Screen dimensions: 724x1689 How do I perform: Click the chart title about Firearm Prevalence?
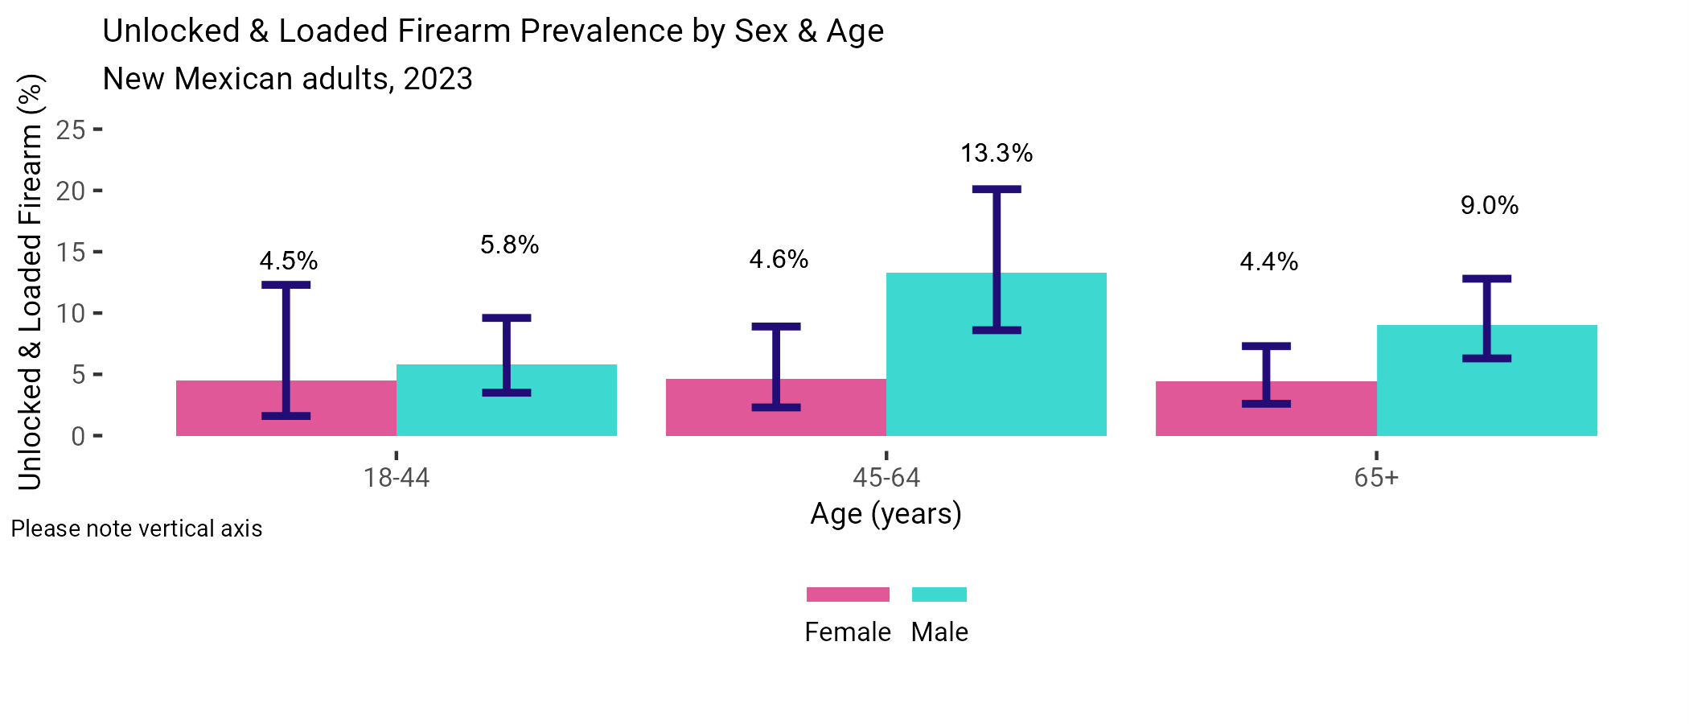pyautogui.click(x=492, y=31)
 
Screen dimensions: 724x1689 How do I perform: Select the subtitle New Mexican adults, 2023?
pyautogui.click(x=287, y=79)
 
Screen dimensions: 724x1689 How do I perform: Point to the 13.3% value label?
pyautogui.click(x=996, y=153)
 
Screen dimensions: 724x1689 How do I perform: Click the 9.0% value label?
pyautogui.click(x=1489, y=205)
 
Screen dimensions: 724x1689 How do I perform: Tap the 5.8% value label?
pyautogui.click(x=509, y=245)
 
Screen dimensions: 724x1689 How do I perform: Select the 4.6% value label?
pyautogui.click(x=778, y=259)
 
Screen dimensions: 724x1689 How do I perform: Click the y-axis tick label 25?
pyautogui.click(x=71, y=130)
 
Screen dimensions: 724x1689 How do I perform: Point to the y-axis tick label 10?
pyautogui.click(x=71, y=313)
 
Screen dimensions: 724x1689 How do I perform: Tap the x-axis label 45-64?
pyautogui.click(x=886, y=478)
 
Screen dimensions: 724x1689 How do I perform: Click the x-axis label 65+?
pyautogui.click(x=1375, y=478)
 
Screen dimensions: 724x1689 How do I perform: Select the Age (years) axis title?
pyautogui.click(x=886, y=513)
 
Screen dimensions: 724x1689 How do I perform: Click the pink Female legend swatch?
pyautogui.click(x=848, y=594)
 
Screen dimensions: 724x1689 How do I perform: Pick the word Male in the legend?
pyautogui.click(x=939, y=632)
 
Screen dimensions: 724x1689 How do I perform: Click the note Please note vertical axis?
pyautogui.click(x=137, y=529)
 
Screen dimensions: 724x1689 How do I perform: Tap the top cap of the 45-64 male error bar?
pyautogui.click(x=996, y=189)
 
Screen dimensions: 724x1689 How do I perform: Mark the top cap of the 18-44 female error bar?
pyautogui.click(x=286, y=285)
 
